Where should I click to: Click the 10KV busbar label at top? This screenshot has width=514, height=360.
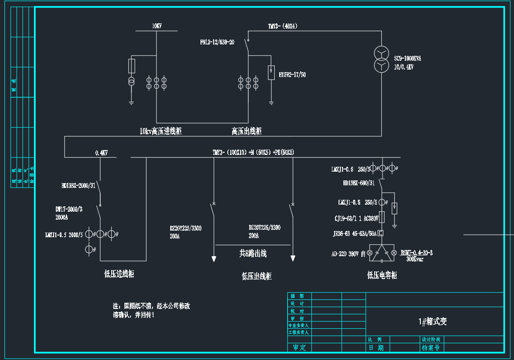tap(157, 26)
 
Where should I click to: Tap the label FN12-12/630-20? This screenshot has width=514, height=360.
tap(217, 42)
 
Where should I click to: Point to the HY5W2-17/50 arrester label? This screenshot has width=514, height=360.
tap(292, 75)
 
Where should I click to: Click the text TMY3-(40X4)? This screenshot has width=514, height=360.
tap(283, 26)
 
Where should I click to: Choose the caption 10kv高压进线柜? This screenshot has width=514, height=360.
tap(160, 131)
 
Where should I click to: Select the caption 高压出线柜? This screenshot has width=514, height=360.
tap(247, 131)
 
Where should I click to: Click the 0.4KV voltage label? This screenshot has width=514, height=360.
tap(101, 153)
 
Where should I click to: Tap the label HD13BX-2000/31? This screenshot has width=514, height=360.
tap(78, 186)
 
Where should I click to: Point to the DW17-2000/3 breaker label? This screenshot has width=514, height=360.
tap(69, 209)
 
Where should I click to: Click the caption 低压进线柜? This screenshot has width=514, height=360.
tap(119, 274)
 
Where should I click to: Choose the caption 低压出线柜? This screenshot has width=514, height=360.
tap(257, 276)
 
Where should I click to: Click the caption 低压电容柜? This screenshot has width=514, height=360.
tap(382, 275)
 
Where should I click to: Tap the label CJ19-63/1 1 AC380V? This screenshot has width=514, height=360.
tap(357, 218)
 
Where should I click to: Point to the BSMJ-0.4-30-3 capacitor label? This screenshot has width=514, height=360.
tap(416, 253)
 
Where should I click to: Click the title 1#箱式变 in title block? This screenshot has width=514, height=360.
tap(433, 321)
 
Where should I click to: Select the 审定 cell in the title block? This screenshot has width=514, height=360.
tap(299, 347)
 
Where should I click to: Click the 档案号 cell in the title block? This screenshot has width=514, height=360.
tap(430, 347)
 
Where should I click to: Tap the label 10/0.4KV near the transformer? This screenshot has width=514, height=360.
tap(404, 67)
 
